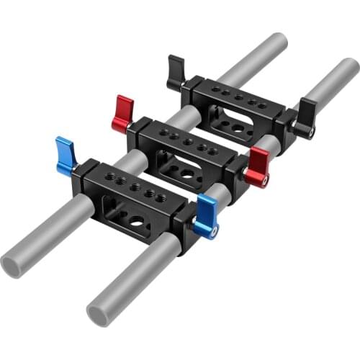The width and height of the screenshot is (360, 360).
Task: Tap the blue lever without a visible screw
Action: pos(66,155)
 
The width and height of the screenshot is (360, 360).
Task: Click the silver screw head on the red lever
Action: pos(265,180)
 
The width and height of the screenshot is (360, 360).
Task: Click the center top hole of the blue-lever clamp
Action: pos(135,186)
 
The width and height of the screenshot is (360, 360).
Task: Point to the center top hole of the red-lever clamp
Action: pos(188,141)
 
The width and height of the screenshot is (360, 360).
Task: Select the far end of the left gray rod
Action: pos(276,42)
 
